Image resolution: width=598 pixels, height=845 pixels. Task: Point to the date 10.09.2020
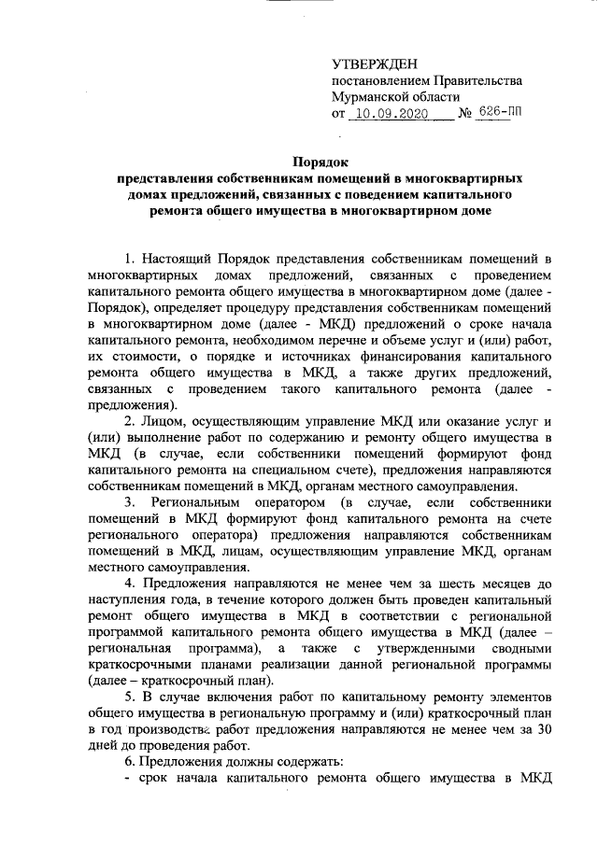387,114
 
